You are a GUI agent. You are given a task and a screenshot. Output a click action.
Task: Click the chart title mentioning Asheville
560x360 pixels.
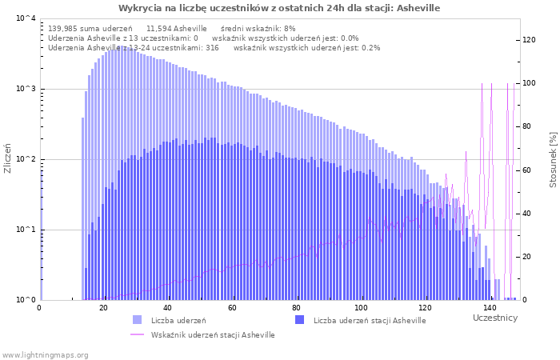[x=279, y=8]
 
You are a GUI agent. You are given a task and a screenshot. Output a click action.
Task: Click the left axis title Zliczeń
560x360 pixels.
[x=8, y=158]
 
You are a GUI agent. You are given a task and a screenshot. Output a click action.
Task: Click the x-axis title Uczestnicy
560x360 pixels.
[x=495, y=318]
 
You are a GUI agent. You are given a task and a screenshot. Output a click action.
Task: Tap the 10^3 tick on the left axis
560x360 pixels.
[x=26, y=89]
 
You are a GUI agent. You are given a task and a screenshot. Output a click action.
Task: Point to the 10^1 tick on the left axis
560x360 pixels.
[x=26, y=230]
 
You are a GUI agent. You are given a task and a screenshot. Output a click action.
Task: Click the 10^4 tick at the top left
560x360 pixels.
[x=26, y=18]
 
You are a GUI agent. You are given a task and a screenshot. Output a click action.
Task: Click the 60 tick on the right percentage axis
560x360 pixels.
[x=529, y=170]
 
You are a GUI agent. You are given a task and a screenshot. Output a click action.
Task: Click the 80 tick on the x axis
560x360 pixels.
[x=297, y=307]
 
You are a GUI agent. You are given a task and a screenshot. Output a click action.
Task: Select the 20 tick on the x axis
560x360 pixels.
[x=103, y=307]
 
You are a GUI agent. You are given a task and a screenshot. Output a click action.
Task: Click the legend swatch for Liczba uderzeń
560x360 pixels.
[x=138, y=320]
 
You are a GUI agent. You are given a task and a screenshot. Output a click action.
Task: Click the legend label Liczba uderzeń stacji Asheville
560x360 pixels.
[x=370, y=321]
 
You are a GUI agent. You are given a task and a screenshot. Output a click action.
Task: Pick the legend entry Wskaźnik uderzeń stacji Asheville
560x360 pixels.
[x=212, y=335]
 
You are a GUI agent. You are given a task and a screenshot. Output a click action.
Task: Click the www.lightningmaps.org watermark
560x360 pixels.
[x=46, y=354]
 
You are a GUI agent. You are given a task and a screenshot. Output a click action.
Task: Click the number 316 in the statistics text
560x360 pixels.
[x=212, y=48]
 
